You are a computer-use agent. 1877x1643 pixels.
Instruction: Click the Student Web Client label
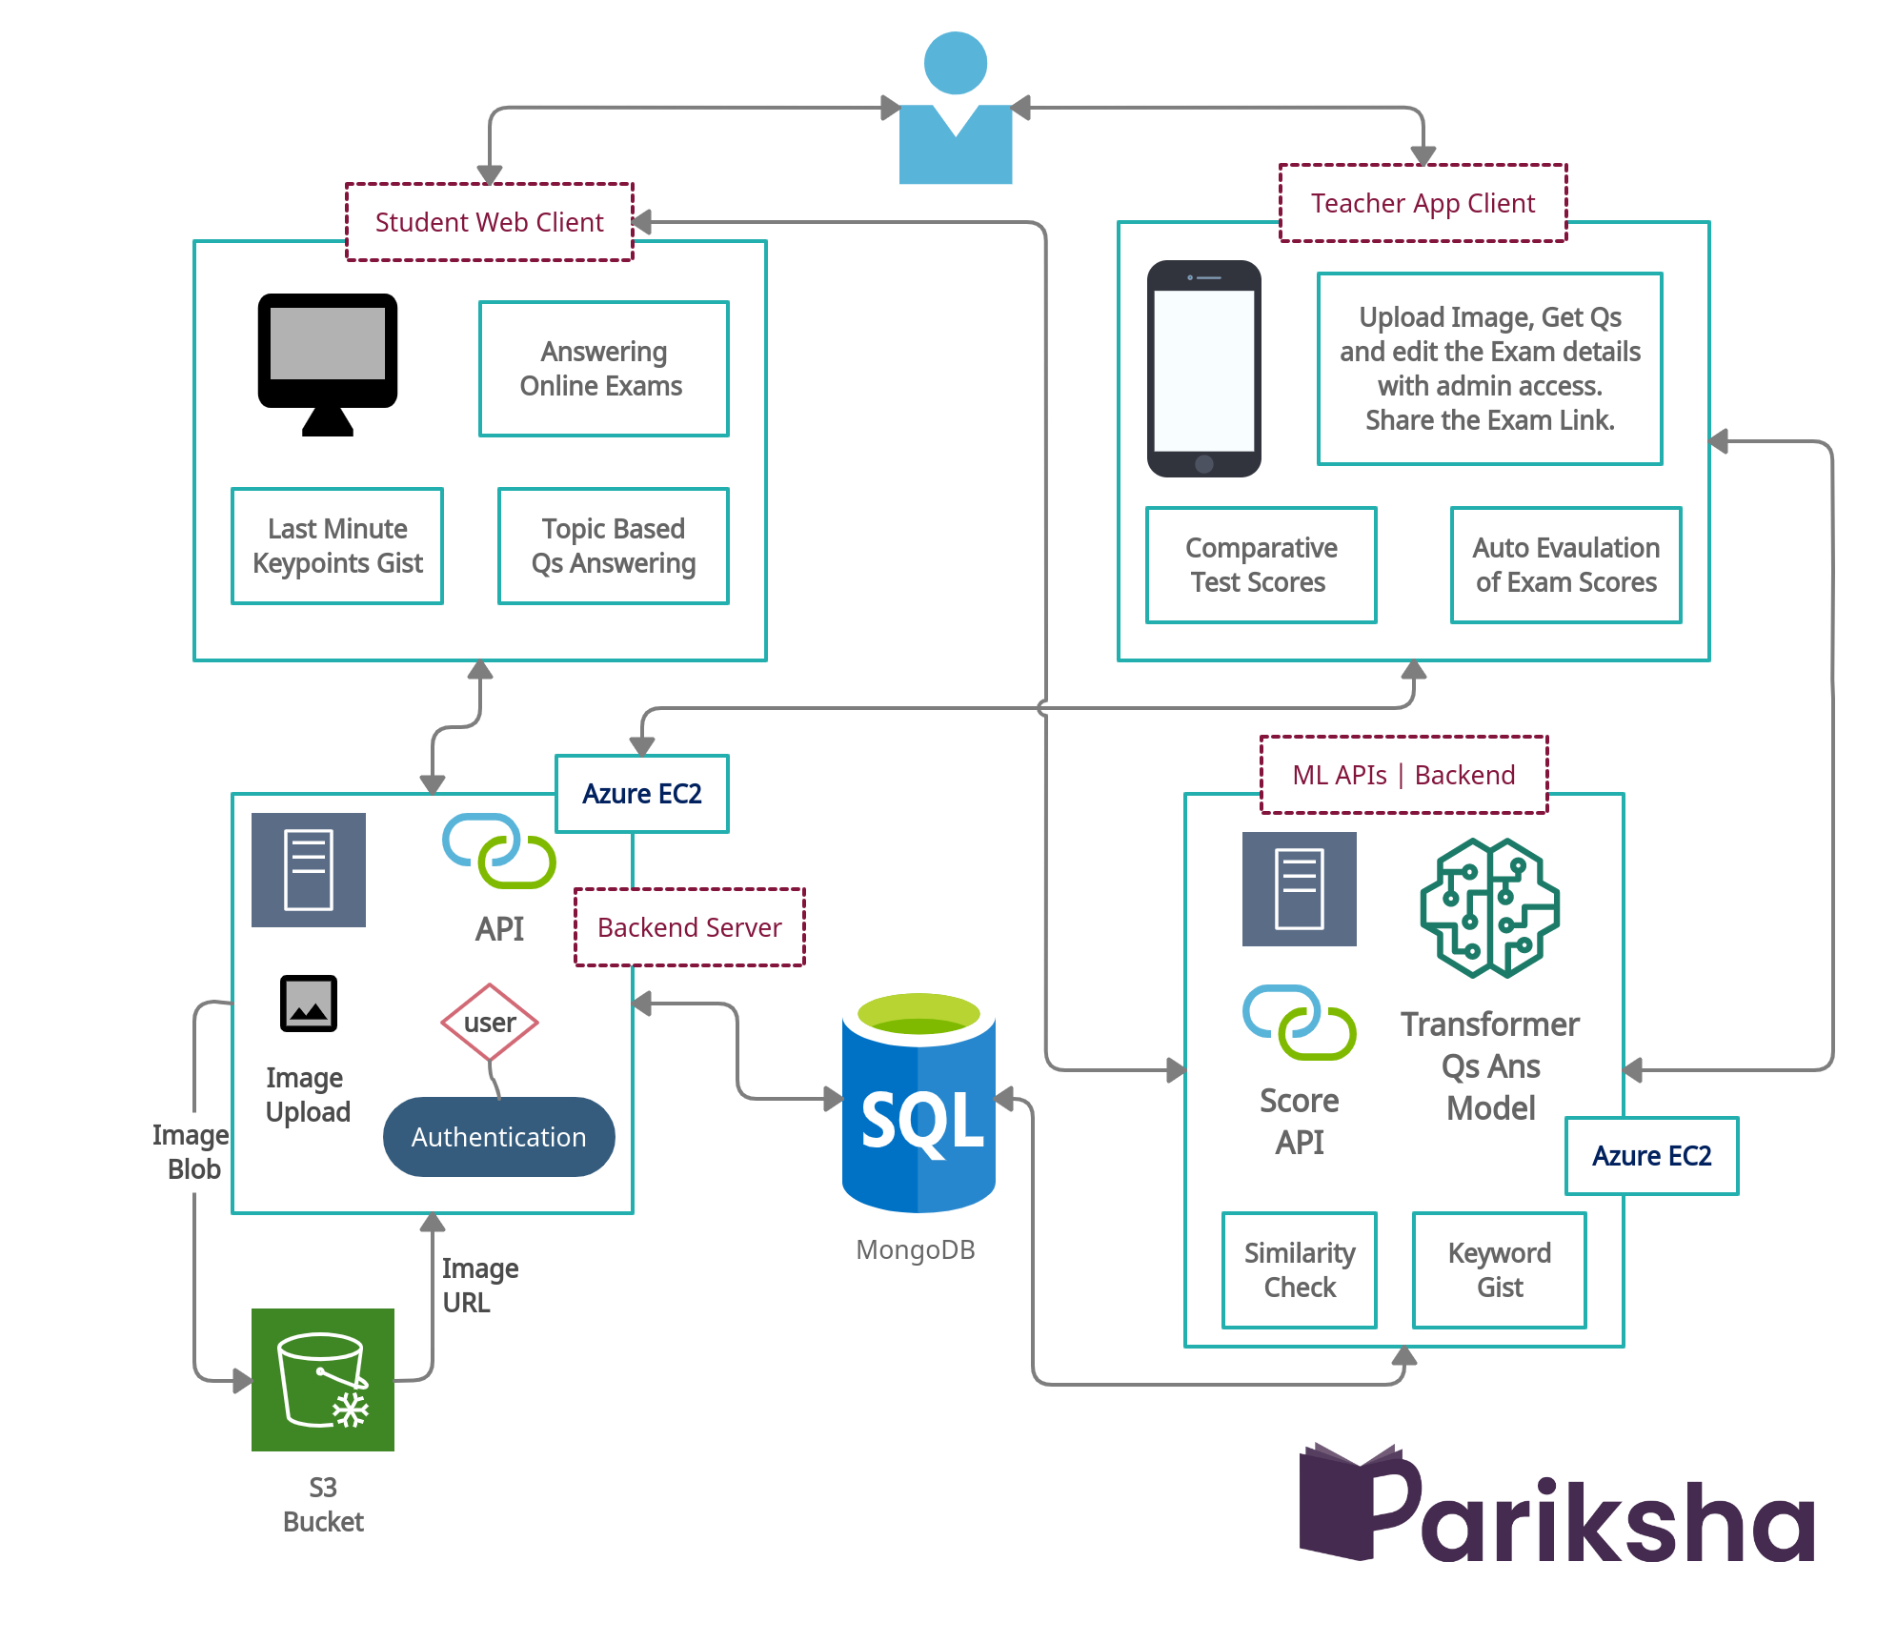[489, 222]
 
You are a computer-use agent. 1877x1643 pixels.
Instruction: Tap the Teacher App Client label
[1422, 203]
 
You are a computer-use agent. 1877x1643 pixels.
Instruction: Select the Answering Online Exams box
[603, 369]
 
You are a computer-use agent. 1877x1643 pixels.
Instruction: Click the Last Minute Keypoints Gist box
[337, 546]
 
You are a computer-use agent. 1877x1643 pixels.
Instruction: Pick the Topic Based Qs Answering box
[613, 546]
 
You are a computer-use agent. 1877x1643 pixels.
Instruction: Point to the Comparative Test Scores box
[1261, 565]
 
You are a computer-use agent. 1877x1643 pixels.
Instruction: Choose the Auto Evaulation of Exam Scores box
[1565, 565]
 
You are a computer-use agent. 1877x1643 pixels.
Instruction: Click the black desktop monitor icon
[327, 362]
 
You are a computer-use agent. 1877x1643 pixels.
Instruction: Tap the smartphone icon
[1203, 369]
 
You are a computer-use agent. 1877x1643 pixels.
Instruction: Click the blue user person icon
[956, 110]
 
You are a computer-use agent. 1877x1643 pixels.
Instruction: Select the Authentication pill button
[498, 1137]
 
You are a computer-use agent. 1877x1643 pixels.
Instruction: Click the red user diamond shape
[489, 1023]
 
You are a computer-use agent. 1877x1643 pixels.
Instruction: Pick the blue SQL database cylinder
[918, 1105]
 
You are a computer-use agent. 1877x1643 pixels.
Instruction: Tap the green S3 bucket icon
[322, 1379]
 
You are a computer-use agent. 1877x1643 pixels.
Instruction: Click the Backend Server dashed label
[689, 927]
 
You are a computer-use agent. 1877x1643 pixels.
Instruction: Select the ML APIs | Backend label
[1403, 775]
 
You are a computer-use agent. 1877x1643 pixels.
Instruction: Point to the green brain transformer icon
[1489, 908]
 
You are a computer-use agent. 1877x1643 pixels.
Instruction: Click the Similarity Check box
[1299, 1270]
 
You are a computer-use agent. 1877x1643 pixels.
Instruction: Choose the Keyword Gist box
[1499, 1270]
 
